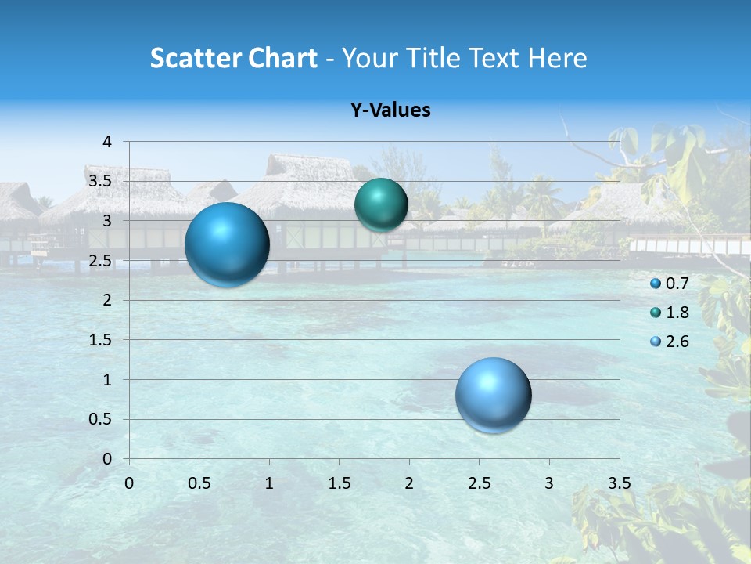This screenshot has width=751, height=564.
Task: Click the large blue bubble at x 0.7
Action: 227,244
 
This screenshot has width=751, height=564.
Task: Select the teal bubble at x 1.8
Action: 381,205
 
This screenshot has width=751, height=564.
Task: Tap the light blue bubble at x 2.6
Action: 493,395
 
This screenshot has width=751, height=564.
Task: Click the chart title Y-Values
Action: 390,110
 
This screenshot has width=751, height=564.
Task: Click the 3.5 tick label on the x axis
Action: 619,483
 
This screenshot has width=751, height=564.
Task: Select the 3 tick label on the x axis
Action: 549,483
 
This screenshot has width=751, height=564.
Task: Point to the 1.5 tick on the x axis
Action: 339,483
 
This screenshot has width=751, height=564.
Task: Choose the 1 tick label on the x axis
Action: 269,483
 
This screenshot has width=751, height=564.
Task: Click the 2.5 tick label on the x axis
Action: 479,483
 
